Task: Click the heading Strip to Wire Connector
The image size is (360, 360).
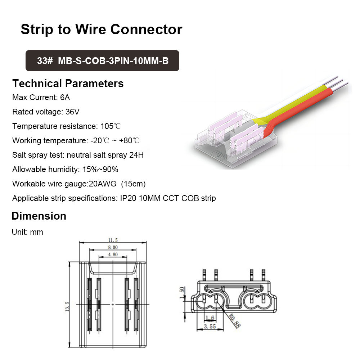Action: [x=101, y=29]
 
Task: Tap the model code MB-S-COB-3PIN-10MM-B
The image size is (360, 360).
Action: [x=113, y=60]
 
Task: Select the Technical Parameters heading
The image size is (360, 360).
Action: [x=68, y=84]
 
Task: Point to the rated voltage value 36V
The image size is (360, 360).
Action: [x=72, y=112]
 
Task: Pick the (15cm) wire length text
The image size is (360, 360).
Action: [x=133, y=184]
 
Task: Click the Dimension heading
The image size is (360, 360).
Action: [x=39, y=216]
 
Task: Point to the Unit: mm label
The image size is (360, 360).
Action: [x=27, y=232]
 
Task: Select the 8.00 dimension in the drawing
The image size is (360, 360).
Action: [x=113, y=247]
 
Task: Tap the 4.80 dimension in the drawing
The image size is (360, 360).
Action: [x=113, y=255]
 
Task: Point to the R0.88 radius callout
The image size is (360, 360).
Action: [x=234, y=320]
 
